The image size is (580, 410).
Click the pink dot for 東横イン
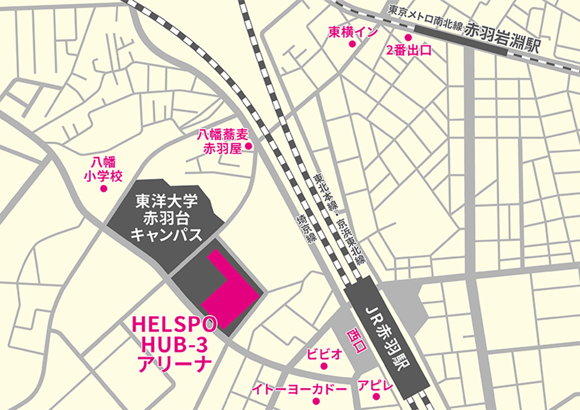tap(352, 44)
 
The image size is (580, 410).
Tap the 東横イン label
tap(353, 32)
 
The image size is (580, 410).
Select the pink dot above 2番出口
tap(408, 37)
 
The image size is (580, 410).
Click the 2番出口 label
tap(409, 51)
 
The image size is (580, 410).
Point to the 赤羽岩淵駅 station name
tap(502, 38)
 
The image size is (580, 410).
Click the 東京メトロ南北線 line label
tap(425, 18)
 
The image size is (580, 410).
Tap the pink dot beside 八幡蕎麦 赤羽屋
tap(248, 146)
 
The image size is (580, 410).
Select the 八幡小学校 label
tap(103, 169)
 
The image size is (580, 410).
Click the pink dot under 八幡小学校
tap(103, 188)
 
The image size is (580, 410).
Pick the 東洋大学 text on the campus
tap(166, 201)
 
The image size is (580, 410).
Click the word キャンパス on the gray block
tap(166, 235)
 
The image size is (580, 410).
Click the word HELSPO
tap(174, 325)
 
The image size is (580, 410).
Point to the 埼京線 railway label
tap(306, 228)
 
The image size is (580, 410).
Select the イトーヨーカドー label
tap(299, 389)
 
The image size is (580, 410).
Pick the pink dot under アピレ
tap(376, 397)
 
